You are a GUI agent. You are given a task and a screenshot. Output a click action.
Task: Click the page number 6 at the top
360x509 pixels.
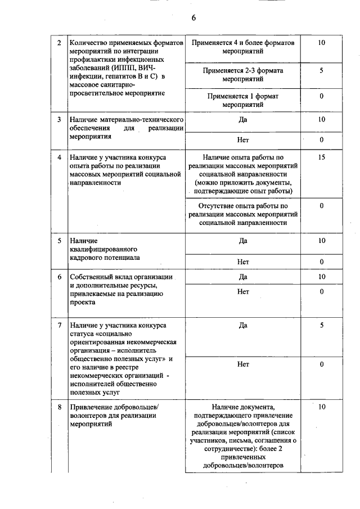[x=193, y=18]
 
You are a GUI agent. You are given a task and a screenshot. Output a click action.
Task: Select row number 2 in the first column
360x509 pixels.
[x=60, y=43]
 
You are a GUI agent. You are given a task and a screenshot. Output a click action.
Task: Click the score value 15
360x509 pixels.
[x=321, y=157]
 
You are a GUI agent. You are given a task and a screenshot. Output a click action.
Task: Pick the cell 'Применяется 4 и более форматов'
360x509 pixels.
[x=243, y=43]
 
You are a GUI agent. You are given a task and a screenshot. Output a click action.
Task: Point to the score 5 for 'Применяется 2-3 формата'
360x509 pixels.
[x=321, y=71]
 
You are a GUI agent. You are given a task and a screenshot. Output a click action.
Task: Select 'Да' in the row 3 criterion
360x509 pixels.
[x=243, y=119]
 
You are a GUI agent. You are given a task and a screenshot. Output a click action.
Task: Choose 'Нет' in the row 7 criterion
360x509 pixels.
[x=243, y=364]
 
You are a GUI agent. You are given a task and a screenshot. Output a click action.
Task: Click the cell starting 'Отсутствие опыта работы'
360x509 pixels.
[x=243, y=206]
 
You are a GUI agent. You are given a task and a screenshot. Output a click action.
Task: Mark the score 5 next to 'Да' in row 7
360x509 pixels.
[x=321, y=325]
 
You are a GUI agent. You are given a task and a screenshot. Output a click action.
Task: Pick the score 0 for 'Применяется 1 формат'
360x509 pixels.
[x=321, y=96]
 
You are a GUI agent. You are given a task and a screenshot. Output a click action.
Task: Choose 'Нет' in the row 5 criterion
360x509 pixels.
[x=243, y=262]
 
